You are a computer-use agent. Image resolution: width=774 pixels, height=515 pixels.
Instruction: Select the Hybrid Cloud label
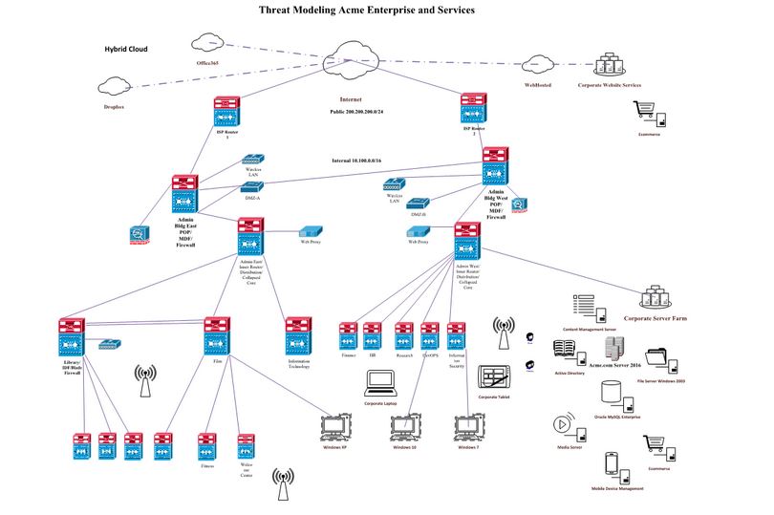click(x=126, y=48)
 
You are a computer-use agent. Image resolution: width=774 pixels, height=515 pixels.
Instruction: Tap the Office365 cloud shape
click(x=207, y=43)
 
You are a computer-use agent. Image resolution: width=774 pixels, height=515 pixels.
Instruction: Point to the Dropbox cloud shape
click(x=114, y=89)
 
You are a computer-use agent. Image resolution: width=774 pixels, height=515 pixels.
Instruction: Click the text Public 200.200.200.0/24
click(x=364, y=112)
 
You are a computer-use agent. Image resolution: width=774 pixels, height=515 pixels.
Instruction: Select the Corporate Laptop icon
click(x=381, y=383)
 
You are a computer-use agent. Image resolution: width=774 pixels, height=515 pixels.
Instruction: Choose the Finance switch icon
click(x=349, y=334)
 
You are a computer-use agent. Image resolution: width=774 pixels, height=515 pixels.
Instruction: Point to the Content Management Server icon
click(x=583, y=307)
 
